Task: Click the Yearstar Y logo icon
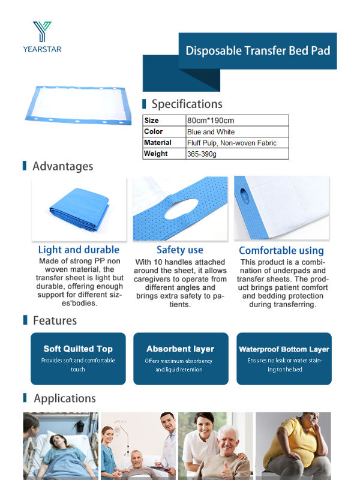pyautogui.click(x=43, y=31)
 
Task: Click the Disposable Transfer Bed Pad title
pyautogui.click(x=257, y=50)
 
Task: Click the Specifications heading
pyautogui.click(x=187, y=104)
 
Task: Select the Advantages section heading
pyautogui.click(x=62, y=166)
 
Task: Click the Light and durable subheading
pyautogui.click(x=79, y=250)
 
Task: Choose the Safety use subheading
pyautogui.click(x=180, y=250)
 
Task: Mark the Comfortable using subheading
pyautogui.click(x=281, y=250)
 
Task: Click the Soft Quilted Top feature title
pyautogui.click(x=78, y=349)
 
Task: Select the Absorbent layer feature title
pyautogui.click(x=180, y=349)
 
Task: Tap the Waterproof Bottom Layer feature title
pyautogui.click(x=284, y=349)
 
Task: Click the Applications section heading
pyautogui.click(x=64, y=398)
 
